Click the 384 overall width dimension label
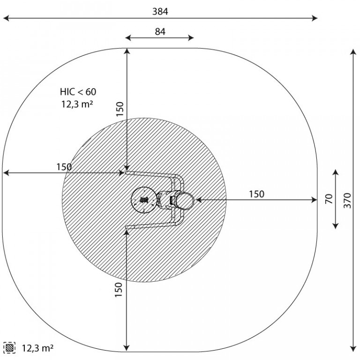tap(160, 11)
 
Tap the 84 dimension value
tap(160, 32)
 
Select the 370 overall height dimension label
tap(348, 201)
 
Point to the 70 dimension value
tap(329, 199)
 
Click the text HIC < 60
tap(78, 92)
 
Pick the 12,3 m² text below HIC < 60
tap(77, 104)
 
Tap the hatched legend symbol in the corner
tap(9, 348)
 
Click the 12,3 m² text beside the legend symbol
tap(37, 348)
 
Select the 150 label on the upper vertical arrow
tap(120, 109)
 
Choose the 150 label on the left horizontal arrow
tap(64, 167)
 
